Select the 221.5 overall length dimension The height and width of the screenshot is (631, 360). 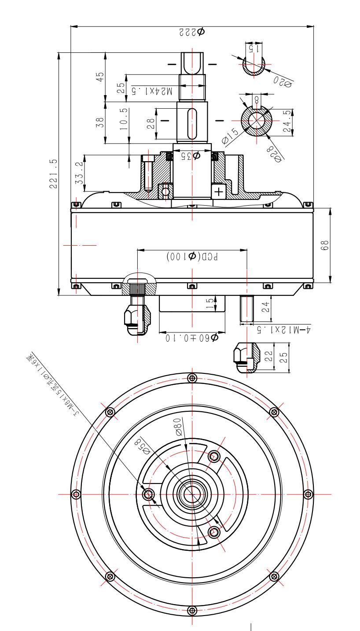point(53,174)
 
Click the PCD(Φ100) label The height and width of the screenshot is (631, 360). point(191,256)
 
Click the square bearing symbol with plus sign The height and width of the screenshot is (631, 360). point(219,191)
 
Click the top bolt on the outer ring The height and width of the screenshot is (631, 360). point(191,377)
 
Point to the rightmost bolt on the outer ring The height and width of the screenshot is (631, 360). point(308,494)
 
